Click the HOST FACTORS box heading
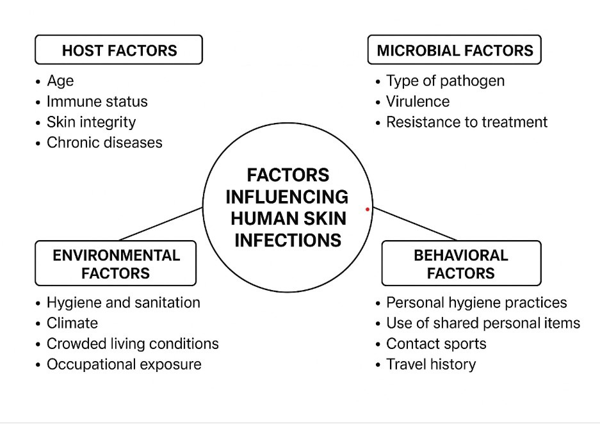pos(118,50)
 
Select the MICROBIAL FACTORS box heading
pos(454,50)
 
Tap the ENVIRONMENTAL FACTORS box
pos(116,264)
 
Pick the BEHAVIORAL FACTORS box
pos(460,264)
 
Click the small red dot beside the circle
pos(368,209)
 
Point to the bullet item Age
pos(60,81)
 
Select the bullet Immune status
pos(97,101)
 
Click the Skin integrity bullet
pos(91,122)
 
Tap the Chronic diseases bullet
pos(104,142)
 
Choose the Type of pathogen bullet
pos(445,81)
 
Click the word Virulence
pos(418,101)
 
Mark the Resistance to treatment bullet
pos(466,122)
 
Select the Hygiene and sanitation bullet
pos(123,302)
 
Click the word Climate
pos(72,323)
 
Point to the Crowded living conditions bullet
pos(133,343)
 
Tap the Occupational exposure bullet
pos(124,364)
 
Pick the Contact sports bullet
pos(436,343)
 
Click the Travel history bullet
pos(430,364)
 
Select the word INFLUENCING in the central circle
pos(288,197)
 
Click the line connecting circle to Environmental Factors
pos(160,223)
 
